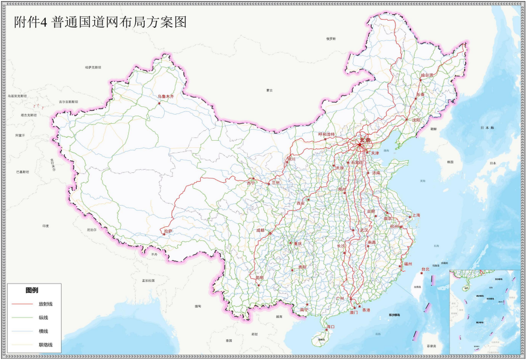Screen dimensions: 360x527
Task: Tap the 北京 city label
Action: (364, 140)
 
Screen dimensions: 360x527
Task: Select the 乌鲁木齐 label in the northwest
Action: (165, 96)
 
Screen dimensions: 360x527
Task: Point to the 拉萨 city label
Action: (168, 231)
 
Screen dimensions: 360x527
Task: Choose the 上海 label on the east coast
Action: (416, 215)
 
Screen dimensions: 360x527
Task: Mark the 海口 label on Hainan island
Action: (330, 326)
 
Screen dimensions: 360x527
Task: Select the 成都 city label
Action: (260, 230)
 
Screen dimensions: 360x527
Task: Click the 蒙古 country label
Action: (269, 90)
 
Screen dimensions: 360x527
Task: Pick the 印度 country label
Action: (46, 225)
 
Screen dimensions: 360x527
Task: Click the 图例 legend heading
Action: (32, 290)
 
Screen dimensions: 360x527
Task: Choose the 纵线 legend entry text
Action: (43, 317)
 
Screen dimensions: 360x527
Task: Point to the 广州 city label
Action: (340, 299)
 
